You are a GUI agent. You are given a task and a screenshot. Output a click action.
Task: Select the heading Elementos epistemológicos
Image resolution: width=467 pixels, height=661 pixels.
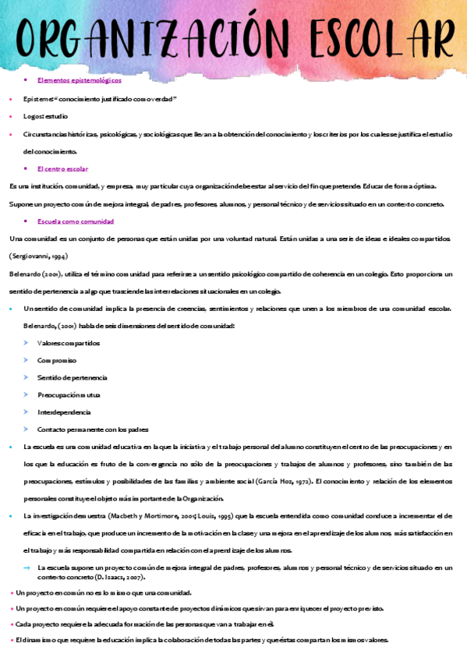[79, 80]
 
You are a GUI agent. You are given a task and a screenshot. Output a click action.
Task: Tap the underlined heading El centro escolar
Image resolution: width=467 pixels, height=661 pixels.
[62, 168]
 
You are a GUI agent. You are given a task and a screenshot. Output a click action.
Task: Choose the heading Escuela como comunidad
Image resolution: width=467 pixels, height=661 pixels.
[76, 221]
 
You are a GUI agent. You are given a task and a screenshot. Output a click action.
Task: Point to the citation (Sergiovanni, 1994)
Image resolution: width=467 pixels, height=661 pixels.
[38, 256]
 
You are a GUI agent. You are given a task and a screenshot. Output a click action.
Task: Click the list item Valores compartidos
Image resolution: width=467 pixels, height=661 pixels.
[69, 343]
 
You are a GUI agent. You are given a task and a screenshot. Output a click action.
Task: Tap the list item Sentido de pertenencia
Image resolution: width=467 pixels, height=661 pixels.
[73, 377]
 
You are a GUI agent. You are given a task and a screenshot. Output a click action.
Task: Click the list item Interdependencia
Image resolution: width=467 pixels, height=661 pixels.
[64, 412]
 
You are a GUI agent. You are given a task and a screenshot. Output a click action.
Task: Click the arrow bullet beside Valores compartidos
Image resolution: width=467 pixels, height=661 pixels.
[27, 343]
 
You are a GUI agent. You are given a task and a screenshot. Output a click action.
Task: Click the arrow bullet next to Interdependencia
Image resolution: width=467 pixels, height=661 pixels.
[27, 412]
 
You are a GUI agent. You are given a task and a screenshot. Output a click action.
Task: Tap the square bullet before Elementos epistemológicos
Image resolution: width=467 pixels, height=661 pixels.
[27, 80]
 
